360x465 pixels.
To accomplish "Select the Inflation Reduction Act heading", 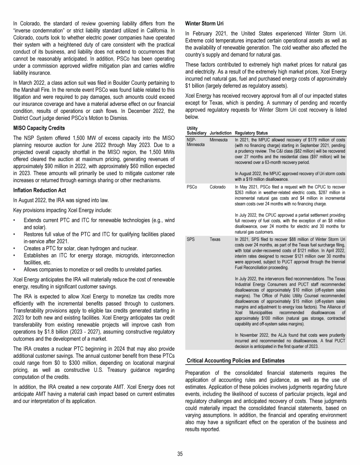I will pyautogui.click(x=40, y=190).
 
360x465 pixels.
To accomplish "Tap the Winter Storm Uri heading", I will pyautogui.click(x=206, y=23).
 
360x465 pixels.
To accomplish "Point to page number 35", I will pyautogui.click(x=180, y=453).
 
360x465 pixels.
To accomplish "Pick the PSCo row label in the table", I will pyautogui.click(x=191, y=186).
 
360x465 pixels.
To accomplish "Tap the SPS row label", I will pyautogui.click(x=190, y=238).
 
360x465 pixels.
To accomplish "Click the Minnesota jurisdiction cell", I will pyautogui.click(x=219, y=140).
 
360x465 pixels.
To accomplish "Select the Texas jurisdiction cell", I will pyautogui.click(x=215, y=238).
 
